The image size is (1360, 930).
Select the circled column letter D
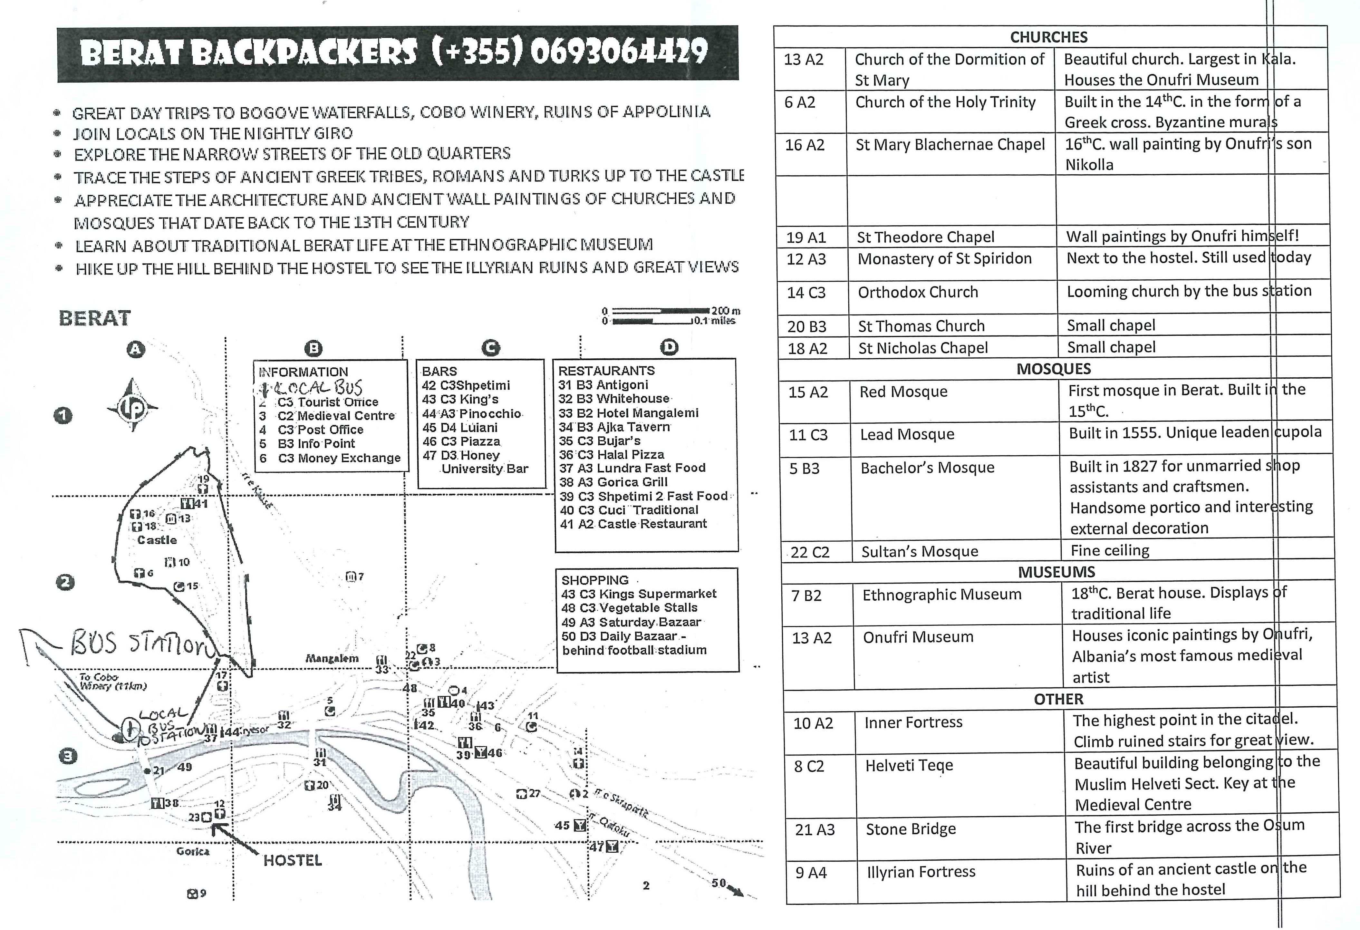click(669, 348)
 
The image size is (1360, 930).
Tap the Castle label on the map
click(157, 540)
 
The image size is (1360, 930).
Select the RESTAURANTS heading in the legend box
click(606, 371)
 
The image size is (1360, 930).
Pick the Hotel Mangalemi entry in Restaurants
click(629, 412)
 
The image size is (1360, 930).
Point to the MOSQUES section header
click(1053, 369)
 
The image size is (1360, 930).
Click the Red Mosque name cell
click(903, 392)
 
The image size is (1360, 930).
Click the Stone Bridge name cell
click(911, 829)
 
